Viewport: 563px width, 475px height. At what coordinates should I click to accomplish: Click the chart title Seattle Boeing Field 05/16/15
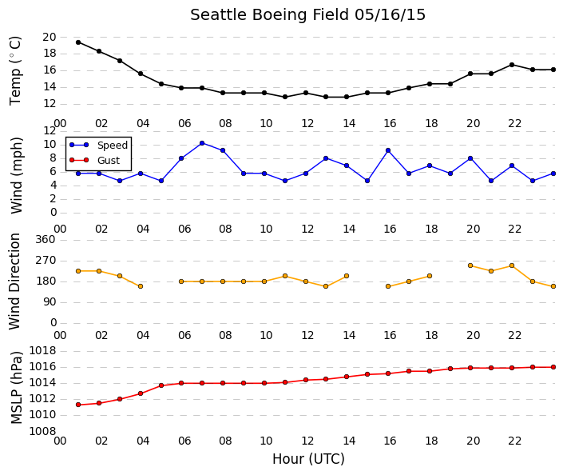[x=307, y=15]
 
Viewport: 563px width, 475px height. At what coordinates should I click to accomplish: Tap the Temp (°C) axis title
[x=15, y=71]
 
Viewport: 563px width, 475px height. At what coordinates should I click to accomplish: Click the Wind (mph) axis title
[x=17, y=175]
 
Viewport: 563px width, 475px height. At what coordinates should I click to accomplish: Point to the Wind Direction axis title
[x=14, y=281]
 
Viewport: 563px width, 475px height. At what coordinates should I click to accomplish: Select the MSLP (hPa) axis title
[x=17, y=388]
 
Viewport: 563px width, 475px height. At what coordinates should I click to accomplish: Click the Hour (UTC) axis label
[x=308, y=459]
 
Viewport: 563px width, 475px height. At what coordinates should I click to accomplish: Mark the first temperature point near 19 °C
[x=78, y=42]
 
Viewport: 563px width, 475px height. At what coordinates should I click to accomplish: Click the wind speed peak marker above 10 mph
[x=202, y=143]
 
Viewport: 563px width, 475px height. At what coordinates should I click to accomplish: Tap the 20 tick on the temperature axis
[x=50, y=37]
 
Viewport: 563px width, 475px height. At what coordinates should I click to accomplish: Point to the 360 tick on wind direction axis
[x=46, y=240]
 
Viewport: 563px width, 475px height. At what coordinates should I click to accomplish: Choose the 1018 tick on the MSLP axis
[x=42, y=350]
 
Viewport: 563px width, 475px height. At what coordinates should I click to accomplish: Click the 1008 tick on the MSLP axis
[x=42, y=431]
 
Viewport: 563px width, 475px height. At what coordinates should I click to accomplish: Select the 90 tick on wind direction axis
[x=50, y=302]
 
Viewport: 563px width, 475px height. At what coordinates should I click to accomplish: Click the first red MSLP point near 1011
[x=78, y=405]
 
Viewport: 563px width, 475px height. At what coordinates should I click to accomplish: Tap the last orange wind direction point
[x=553, y=286]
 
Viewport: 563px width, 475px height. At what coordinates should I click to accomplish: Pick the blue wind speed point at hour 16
[x=388, y=150]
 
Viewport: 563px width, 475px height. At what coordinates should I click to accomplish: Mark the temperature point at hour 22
[x=512, y=65]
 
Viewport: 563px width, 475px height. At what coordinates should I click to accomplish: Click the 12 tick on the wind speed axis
[x=50, y=131]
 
